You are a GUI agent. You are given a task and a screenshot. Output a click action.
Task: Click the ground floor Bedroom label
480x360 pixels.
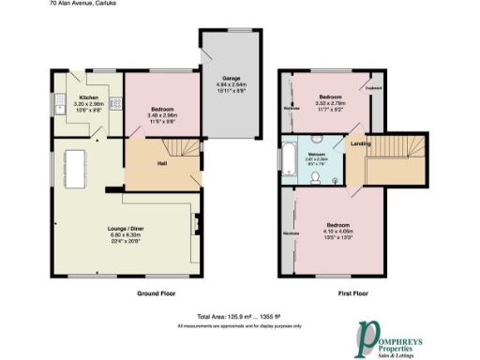pyautogui.click(x=163, y=110)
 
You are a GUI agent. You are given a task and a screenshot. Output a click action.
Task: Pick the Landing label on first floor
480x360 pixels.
pyautogui.click(x=359, y=143)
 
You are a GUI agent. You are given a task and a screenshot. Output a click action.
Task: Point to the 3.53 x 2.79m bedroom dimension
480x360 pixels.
pyautogui.click(x=329, y=104)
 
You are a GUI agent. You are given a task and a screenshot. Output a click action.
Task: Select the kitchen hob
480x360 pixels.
pyautogui.click(x=111, y=105)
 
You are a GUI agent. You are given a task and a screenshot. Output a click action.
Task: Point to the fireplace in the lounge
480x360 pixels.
pyautogui.click(x=196, y=225)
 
